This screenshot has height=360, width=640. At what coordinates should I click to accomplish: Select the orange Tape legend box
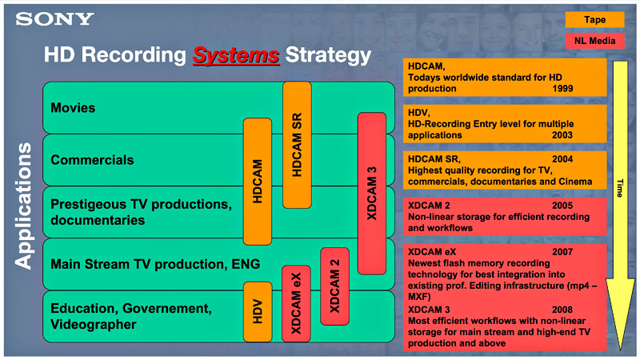point(595,20)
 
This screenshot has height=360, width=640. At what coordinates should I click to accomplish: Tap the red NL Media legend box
point(595,42)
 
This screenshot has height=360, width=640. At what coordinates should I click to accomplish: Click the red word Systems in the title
point(236,55)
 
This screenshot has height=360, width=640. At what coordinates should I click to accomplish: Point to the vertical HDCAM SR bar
point(297,144)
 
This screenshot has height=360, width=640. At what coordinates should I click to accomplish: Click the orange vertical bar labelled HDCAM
point(258,181)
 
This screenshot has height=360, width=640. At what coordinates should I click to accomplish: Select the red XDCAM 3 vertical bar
point(371,193)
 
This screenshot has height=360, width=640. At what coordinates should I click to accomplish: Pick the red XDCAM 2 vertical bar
point(334,286)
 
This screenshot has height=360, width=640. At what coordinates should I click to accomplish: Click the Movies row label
point(73,107)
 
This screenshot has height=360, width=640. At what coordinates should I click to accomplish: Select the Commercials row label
point(92,160)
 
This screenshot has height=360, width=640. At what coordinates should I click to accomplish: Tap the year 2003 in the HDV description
point(564,136)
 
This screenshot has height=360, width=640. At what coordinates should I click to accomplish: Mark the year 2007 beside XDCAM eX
point(564,251)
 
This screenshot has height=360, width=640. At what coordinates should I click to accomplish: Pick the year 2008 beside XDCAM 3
point(564,309)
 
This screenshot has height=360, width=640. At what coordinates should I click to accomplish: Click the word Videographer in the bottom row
point(93,324)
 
